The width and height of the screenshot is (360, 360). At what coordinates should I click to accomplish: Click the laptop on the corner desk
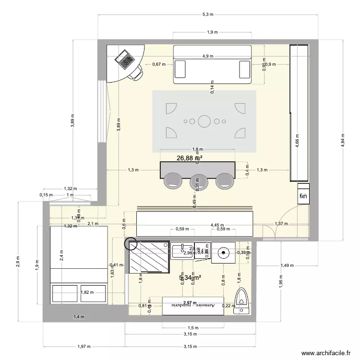pos(125,59)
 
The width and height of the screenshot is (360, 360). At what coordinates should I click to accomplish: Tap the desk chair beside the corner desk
pos(136,72)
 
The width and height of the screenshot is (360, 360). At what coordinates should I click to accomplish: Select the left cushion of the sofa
pos(180,69)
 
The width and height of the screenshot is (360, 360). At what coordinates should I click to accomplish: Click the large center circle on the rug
pos(204,121)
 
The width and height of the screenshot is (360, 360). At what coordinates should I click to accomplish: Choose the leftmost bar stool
pos(172,180)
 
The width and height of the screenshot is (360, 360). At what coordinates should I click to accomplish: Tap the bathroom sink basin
pos(182,250)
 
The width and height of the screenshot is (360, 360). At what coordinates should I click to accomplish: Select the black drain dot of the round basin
pos(223,251)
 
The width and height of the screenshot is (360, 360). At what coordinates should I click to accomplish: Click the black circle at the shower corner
pos(130,244)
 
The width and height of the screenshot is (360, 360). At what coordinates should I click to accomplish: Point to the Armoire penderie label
pos(193,305)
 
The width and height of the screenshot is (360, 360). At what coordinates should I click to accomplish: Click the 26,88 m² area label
pos(189,158)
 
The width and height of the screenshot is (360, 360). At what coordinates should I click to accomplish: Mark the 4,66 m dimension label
pos(296,142)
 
